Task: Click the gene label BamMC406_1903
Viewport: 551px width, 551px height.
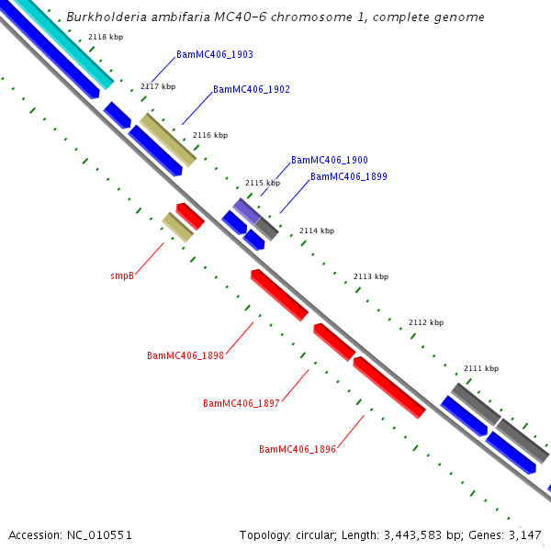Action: click(x=215, y=55)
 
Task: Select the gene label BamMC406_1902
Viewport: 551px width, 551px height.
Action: click(x=252, y=90)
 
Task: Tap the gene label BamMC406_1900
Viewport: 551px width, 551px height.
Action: click(x=330, y=160)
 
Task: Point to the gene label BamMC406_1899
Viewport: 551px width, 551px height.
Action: click(x=349, y=176)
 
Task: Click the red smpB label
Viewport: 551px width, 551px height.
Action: click(x=123, y=275)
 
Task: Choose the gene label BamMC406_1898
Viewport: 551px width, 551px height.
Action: click(x=186, y=355)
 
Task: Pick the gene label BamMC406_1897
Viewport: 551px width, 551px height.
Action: click(x=242, y=403)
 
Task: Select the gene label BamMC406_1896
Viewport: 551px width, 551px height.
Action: click(x=298, y=449)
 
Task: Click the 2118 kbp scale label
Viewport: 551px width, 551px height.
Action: click(x=106, y=38)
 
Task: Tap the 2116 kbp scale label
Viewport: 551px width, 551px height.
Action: click(x=210, y=135)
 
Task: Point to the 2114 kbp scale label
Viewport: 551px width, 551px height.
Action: click(x=317, y=231)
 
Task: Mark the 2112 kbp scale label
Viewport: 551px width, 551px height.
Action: click(x=426, y=322)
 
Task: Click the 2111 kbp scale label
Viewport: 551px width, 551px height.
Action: click(x=481, y=368)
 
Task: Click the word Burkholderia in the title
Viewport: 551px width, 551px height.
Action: click(x=106, y=17)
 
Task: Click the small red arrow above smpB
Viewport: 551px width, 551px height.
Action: click(x=190, y=216)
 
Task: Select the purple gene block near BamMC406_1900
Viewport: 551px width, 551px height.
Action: click(x=245, y=210)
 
